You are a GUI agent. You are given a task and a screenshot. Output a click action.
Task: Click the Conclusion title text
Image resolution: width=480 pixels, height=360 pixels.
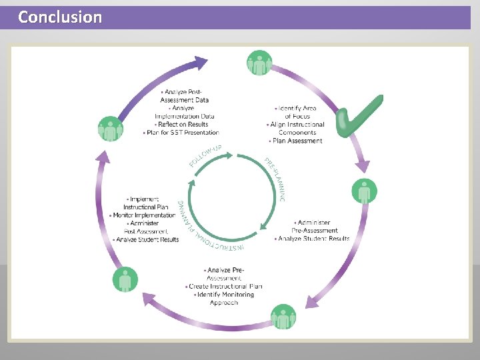(60, 17)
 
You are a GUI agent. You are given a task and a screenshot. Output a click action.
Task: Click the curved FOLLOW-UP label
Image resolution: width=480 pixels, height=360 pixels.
(205, 155)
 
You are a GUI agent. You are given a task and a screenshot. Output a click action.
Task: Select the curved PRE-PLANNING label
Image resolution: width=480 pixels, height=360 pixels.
(276, 179)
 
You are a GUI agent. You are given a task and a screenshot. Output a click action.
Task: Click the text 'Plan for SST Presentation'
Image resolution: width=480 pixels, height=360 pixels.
(181, 133)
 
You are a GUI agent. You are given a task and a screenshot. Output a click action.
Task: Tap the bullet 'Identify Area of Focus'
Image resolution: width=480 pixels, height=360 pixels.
(297, 112)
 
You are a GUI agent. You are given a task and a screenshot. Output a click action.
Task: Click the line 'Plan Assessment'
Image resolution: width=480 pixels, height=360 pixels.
(297, 141)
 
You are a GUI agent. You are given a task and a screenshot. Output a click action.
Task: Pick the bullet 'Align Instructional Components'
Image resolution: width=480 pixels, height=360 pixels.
(297, 128)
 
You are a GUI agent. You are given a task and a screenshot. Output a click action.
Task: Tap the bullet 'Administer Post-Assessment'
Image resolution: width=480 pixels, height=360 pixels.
(143, 227)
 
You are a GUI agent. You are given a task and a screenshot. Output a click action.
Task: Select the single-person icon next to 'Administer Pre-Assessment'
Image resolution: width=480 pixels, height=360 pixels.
(363, 192)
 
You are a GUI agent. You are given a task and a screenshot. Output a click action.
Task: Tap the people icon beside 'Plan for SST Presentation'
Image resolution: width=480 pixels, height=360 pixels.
(111, 129)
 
